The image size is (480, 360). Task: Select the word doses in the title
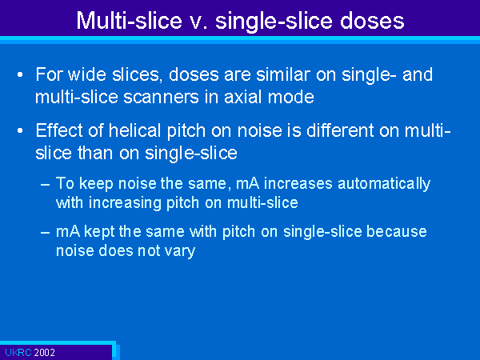click(x=372, y=21)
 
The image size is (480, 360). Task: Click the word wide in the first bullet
click(x=86, y=74)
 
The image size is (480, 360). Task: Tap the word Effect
click(x=58, y=130)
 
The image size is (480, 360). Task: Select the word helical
click(x=135, y=130)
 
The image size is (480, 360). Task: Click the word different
click(x=340, y=130)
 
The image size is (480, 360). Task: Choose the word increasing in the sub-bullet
click(x=125, y=203)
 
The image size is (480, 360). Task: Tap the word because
click(x=397, y=232)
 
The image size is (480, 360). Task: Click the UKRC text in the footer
click(x=18, y=352)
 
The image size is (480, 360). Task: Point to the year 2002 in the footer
click(x=44, y=352)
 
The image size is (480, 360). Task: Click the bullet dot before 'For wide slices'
click(x=20, y=75)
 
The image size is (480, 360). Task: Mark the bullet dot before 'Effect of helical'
click(x=20, y=131)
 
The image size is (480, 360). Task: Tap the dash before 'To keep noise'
click(x=45, y=185)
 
